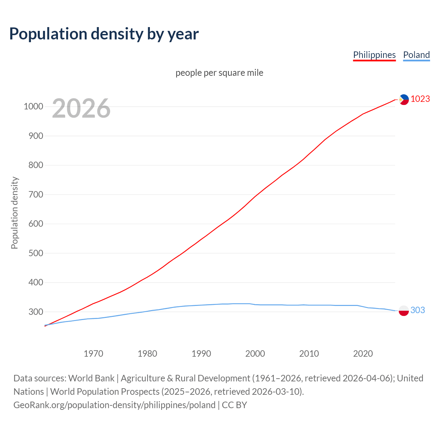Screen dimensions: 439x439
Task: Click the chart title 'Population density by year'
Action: [104, 34]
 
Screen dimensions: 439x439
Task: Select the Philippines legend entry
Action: [374, 55]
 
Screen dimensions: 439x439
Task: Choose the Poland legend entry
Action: [416, 55]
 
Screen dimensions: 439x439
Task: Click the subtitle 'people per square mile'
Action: [219, 73]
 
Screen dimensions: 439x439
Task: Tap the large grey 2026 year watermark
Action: [81, 108]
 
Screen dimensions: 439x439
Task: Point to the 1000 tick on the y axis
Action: [33, 107]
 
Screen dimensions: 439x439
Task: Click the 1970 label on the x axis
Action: [93, 354]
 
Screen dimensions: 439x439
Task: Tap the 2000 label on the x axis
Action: [255, 354]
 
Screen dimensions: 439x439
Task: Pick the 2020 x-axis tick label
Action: [363, 354]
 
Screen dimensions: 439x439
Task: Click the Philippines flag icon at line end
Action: [404, 99]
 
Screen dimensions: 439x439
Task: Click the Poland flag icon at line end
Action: [403, 310]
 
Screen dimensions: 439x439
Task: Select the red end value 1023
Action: [420, 99]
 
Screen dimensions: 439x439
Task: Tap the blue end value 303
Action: [417, 310]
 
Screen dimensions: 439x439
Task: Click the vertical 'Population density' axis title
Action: [14, 213]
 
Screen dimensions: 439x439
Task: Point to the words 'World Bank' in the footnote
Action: [91, 378]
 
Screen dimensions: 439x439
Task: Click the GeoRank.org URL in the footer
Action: [114, 405]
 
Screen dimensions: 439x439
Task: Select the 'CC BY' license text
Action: [234, 405]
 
